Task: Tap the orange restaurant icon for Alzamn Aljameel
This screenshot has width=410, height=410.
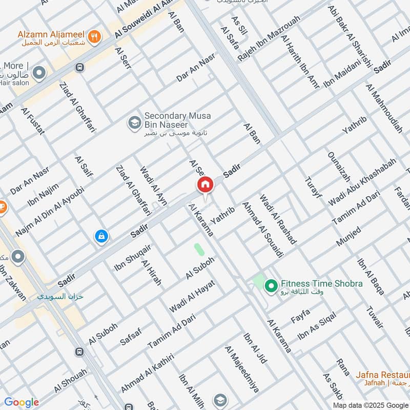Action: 94,36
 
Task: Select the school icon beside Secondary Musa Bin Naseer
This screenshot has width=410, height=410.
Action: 134,122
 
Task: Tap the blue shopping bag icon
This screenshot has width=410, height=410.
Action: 101,236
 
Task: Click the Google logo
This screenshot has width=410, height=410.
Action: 22,402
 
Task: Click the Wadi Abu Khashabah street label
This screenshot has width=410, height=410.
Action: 362,182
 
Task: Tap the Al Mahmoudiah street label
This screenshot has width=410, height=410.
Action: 384,108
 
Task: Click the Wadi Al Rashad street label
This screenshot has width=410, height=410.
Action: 278,219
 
